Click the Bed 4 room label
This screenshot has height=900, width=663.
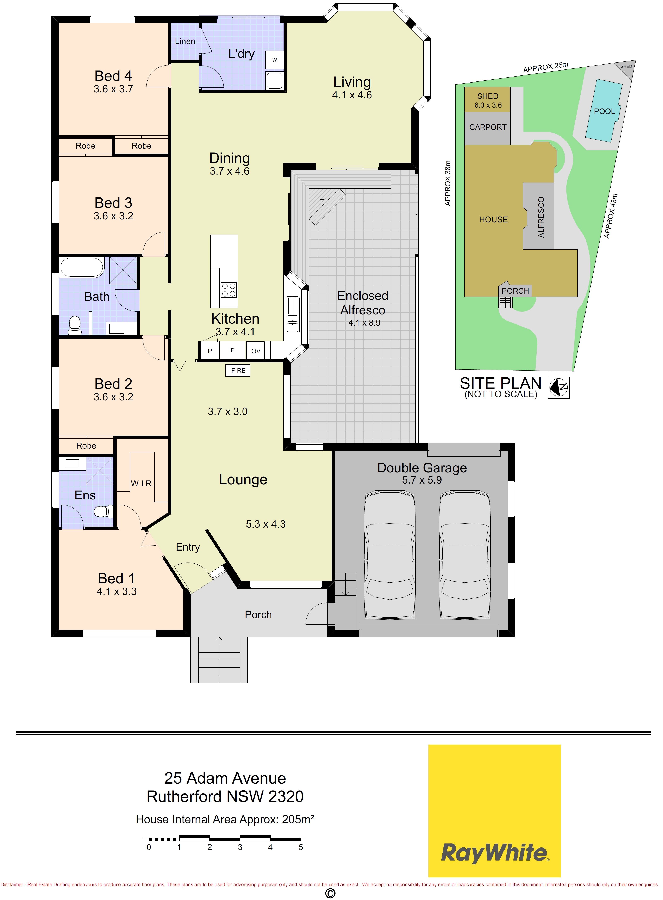pyautogui.click(x=113, y=76)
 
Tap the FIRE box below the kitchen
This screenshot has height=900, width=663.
pyautogui.click(x=238, y=370)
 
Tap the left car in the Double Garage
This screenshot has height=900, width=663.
pyautogui.click(x=389, y=555)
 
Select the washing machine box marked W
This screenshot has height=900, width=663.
pyautogui.click(x=275, y=60)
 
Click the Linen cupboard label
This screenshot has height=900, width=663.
pyautogui.click(x=185, y=41)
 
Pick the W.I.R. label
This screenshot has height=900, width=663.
pyautogui.click(x=142, y=484)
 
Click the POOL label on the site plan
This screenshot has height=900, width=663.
pyautogui.click(x=604, y=111)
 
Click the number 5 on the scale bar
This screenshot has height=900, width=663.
pyautogui.click(x=301, y=847)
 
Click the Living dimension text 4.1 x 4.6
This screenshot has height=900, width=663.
pyautogui.click(x=352, y=95)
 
